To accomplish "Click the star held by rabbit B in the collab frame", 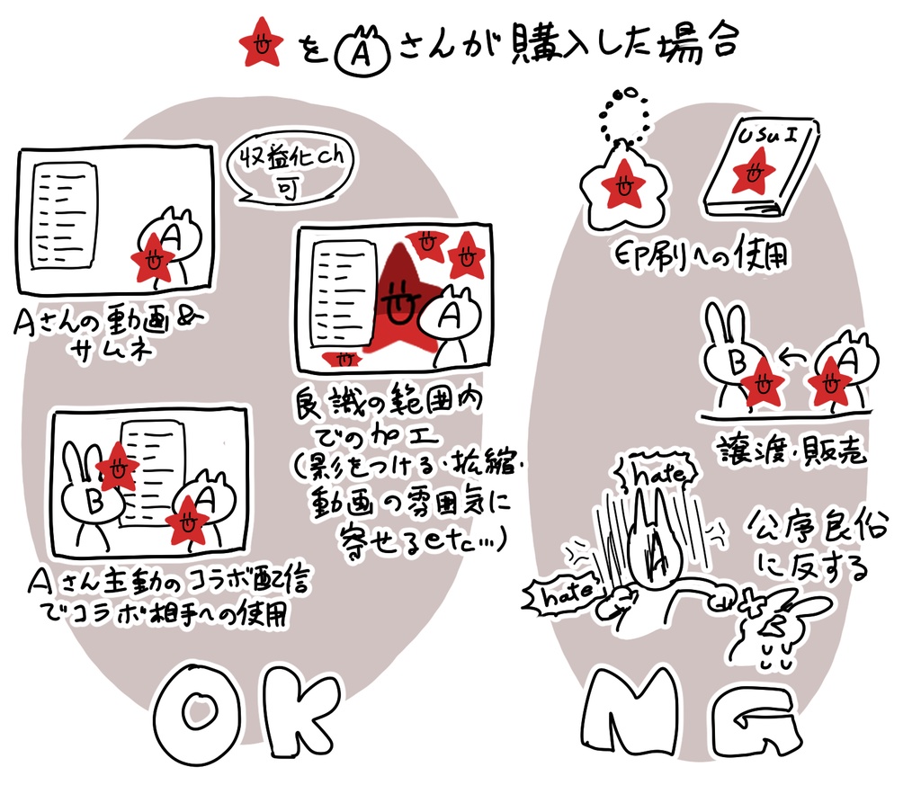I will coord(116,468).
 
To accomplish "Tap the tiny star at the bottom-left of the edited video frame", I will coord(342,358).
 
